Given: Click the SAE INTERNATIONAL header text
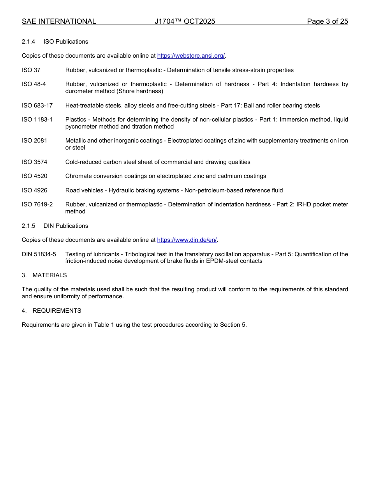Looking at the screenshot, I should click(x=59, y=21).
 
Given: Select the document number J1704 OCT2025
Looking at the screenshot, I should click(x=185, y=21).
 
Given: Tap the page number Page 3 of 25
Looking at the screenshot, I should click(x=327, y=21).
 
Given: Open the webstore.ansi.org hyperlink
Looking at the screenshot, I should click(x=191, y=56).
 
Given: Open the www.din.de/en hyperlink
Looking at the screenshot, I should click(x=187, y=240).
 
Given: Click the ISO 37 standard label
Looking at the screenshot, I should click(x=31, y=70).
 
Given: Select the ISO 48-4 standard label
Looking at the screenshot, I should click(x=34, y=85).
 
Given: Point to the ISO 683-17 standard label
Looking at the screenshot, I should click(x=37, y=106).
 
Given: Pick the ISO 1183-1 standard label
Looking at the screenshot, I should click(x=37, y=120).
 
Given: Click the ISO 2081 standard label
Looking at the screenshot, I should click(x=34, y=141).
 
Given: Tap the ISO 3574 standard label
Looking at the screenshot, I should click(x=34, y=162).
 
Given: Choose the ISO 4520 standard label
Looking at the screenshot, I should click(x=34, y=176).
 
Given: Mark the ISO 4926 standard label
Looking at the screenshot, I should click(x=34, y=190).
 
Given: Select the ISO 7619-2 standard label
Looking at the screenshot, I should click(x=37, y=204).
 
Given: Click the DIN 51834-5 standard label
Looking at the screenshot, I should click(x=39, y=254).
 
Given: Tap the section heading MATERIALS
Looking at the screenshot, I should click(x=49, y=275).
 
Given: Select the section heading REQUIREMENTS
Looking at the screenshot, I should click(x=57, y=311).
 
